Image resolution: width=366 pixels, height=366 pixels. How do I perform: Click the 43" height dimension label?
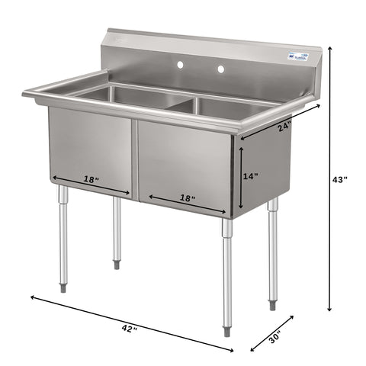(x=341, y=180)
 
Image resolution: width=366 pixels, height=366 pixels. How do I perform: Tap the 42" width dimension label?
(x=130, y=328)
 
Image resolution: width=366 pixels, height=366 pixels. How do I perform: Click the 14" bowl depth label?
(x=250, y=176)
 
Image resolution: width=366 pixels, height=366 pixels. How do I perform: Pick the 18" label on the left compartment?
(x=91, y=180)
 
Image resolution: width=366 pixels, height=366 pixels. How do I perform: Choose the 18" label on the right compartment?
(x=187, y=198)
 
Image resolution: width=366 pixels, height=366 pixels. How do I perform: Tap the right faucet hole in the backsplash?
(x=221, y=69)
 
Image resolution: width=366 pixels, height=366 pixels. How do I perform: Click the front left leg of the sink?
(x=63, y=236)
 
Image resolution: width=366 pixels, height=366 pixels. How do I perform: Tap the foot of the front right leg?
(x=227, y=332)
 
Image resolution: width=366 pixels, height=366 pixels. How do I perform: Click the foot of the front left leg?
(x=63, y=288)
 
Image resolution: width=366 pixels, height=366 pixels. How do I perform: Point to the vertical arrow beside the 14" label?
(x=239, y=179)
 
